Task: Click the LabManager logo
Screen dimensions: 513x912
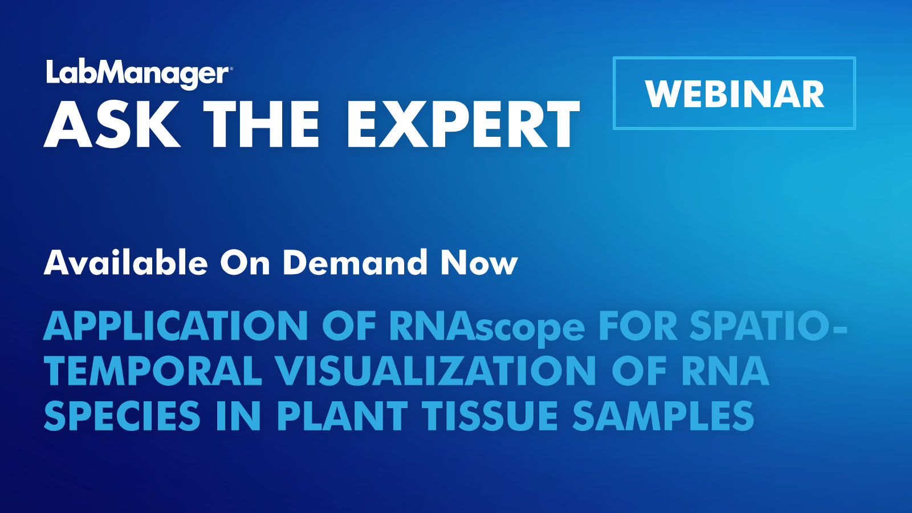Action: click(x=137, y=74)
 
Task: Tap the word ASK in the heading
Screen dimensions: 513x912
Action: click(x=112, y=125)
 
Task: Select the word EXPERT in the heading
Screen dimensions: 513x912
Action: click(x=463, y=125)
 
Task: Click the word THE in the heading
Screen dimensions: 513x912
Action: click(x=262, y=125)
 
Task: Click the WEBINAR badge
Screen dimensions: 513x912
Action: click(x=734, y=93)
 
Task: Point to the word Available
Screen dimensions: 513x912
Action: click(x=126, y=263)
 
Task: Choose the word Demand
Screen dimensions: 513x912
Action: click(x=355, y=263)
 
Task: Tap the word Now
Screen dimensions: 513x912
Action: click(x=479, y=263)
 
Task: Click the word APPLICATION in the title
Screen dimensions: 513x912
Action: click(x=176, y=327)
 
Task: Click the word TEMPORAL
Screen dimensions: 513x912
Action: click(x=152, y=371)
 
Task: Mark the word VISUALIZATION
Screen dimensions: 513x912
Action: click(x=436, y=371)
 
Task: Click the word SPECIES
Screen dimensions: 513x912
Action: click(x=122, y=416)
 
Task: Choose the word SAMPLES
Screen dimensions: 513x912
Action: click(x=663, y=416)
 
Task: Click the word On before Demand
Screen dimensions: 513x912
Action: click(x=245, y=263)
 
